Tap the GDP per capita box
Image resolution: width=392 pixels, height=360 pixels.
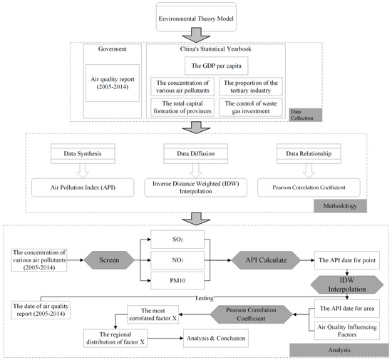[x=217, y=66]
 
